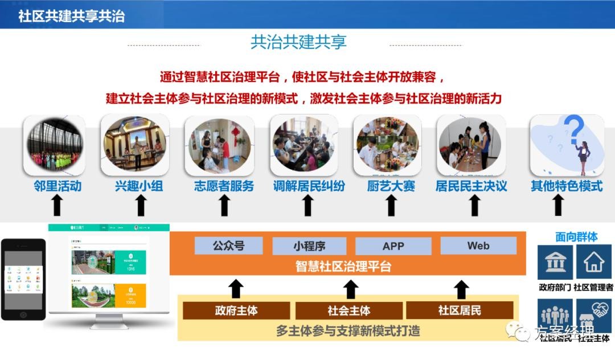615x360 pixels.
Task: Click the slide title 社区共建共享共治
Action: pos(71,15)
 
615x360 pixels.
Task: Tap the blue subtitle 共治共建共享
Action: pos(298,42)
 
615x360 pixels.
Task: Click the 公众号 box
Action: pos(228,246)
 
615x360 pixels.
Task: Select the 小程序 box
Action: pos(309,246)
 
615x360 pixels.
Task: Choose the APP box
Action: pos(393,246)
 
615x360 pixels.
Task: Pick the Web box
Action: pos(478,246)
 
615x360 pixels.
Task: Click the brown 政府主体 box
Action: pos(236,310)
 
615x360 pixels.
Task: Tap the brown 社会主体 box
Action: pos(348,310)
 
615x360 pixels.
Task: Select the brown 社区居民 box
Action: pos(459,310)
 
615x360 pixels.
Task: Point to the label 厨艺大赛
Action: pos(391,186)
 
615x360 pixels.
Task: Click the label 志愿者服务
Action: pos(224,186)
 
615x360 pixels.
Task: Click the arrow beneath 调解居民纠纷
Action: pos(308,205)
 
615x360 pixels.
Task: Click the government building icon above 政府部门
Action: pos(555,262)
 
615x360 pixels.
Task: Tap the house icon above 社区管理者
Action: pos(594,262)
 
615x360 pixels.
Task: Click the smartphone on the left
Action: pos(23,279)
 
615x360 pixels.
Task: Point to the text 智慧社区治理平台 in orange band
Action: pos(343,266)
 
